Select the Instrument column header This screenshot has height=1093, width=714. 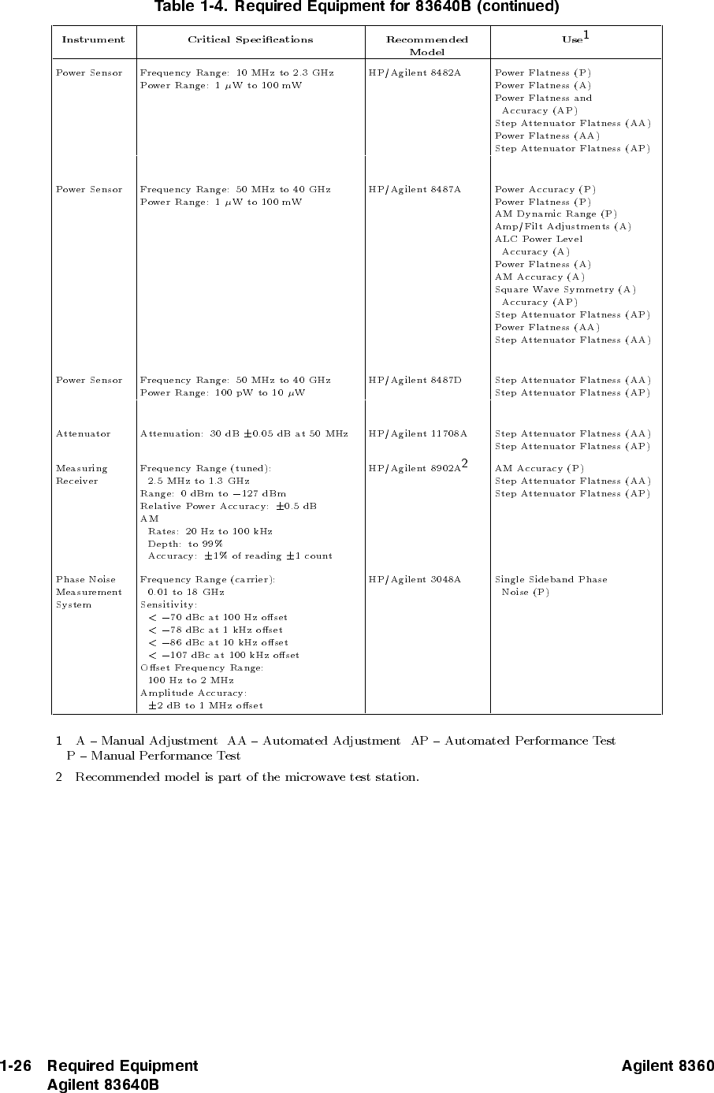click(93, 39)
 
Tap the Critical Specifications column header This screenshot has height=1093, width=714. click(250, 39)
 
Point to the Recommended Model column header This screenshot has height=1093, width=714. click(426, 45)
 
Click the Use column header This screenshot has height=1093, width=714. click(574, 39)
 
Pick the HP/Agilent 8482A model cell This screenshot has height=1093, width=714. click(415, 72)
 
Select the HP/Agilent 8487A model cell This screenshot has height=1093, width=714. click(415, 189)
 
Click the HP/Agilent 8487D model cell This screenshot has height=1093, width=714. click(415, 380)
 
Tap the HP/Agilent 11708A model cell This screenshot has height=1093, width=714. click(418, 433)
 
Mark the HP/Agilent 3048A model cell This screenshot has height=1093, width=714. click(415, 579)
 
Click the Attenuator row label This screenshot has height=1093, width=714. click(83, 433)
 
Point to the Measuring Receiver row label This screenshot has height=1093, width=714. click(81, 474)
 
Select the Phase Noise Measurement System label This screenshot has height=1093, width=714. click(88, 592)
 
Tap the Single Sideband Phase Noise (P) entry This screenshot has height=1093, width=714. click(550, 586)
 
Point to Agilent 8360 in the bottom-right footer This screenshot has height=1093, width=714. click(667, 1066)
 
